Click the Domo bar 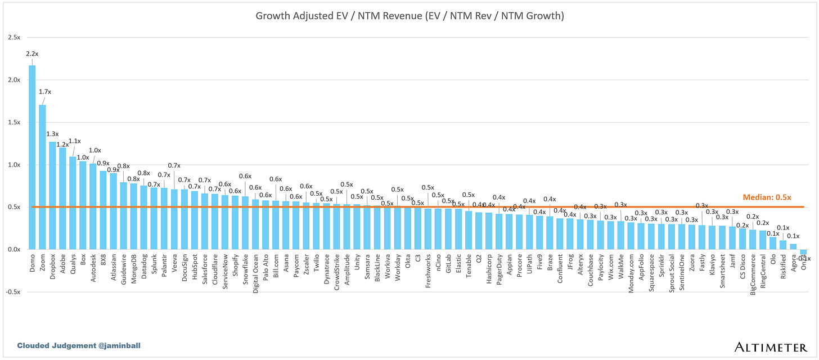[32, 157]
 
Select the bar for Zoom [42, 177]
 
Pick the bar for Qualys [73, 203]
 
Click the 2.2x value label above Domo [32, 54]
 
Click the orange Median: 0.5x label [767, 197]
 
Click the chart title [409, 16]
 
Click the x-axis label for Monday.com [631, 272]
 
